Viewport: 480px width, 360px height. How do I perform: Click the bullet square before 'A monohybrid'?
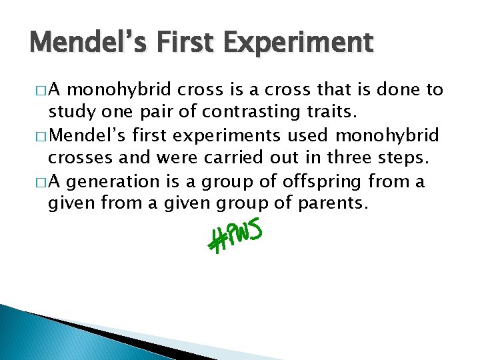click(x=37, y=91)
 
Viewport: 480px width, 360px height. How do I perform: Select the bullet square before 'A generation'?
click(x=37, y=182)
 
